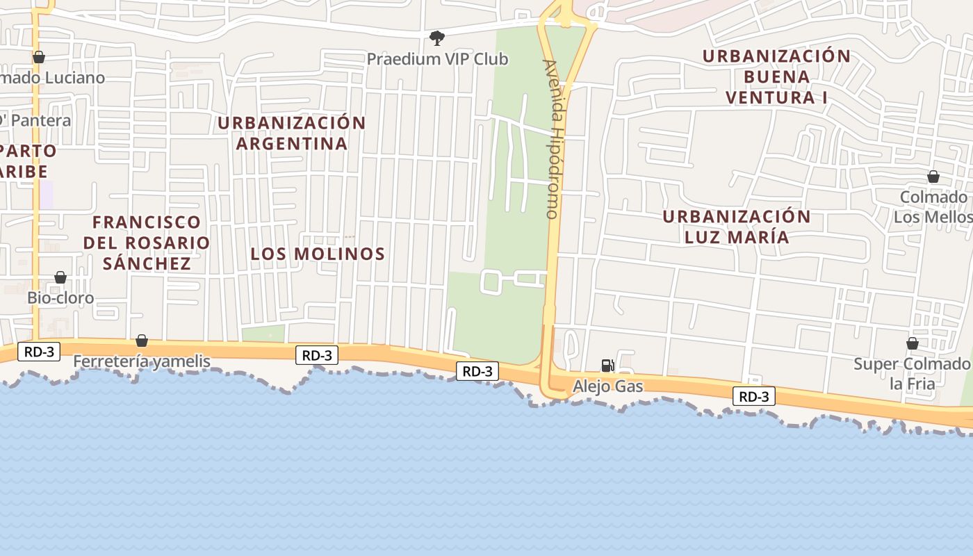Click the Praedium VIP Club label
[x=437, y=59]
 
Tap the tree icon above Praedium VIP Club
[x=436, y=38]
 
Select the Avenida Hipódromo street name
[x=553, y=139]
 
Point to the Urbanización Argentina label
[x=292, y=133]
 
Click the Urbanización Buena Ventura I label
[x=776, y=76]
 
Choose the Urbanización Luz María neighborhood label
[x=737, y=227]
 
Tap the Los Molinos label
[x=318, y=254]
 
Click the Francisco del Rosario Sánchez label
[x=147, y=243]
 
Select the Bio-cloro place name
[x=60, y=298]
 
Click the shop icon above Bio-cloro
[x=60, y=277]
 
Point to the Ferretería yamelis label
[x=142, y=361]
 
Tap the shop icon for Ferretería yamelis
[x=142, y=341]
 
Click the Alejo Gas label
[x=608, y=386]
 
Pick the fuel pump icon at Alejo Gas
[x=607, y=366]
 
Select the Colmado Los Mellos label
[x=933, y=207]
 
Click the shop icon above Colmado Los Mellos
[x=933, y=177]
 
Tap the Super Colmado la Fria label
[x=912, y=373]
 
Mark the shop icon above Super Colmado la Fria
[x=912, y=343]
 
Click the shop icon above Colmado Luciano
[x=39, y=57]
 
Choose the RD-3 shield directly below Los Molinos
[x=317, y=355]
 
